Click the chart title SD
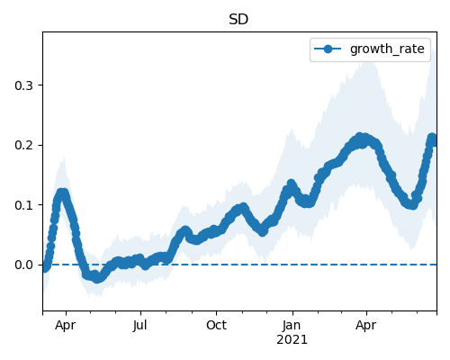[x=238, y=20]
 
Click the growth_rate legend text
[x=387, y=49]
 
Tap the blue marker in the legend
[x=328, y=49]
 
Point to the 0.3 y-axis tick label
[x=23, y=85]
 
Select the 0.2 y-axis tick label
[x=23, y=145]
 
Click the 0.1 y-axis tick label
[x=23, y=205]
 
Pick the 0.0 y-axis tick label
[x=23, y=265]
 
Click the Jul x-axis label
[x=140, y=325]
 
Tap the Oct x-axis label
[x=216, y=325]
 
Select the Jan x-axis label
[x=292, y=325]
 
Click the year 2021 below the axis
[x=292, y=340]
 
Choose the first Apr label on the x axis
[x=66, y=326]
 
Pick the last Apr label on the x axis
[x=366, y=326]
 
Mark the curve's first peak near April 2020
[x=62, y=193]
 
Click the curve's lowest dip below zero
[x=97, y=279]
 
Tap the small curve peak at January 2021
[x=291, y=184]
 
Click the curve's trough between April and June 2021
[x=413, y=205]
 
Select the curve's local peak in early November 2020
[x=243, y=207]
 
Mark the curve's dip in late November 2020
[x=263, y=232]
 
